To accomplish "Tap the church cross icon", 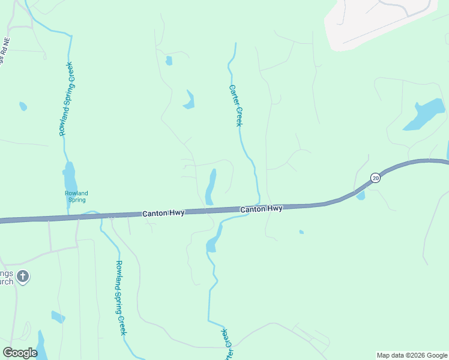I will tap(23, 277).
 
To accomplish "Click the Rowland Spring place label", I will tap(76, 197).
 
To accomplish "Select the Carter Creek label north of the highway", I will tap(235, 105).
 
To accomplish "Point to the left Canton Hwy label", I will tap(163, 213).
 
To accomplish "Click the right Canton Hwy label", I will tap(261, 209).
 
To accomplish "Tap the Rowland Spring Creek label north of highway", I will tap(66, 99).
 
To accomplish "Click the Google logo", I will tap(20, 353).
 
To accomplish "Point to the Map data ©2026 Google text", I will tap(411, 355).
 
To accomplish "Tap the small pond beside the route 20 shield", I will tap(360, 196).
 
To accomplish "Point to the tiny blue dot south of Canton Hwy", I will tap(301, 232).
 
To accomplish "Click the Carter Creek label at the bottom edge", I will tap(226, 345).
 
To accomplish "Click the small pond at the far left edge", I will tap(23, 107).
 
